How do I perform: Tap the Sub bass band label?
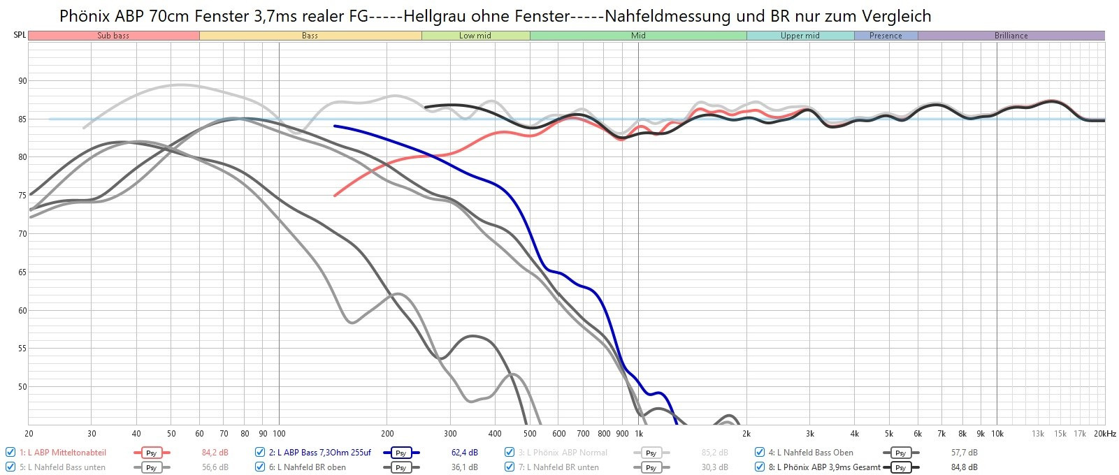click(113, 36)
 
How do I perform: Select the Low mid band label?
click(475, 36)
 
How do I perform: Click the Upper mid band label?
click(800, 36)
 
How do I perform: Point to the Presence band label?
click(886, 36)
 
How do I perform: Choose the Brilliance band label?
click(1011, 36)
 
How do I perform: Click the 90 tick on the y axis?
click(22, 81)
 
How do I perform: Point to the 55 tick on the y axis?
click(22, 349)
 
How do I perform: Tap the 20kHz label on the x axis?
click(1105, 434)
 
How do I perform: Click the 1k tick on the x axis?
click(638, 434)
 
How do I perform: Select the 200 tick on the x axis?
click(387, 434)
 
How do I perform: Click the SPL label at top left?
click(20, 35)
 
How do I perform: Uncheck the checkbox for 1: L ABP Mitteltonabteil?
click(10, 453)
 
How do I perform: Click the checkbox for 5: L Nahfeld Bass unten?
click(10, 467)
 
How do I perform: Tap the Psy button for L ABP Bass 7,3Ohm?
click(400, 453)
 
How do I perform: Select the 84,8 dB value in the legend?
click(964, 467)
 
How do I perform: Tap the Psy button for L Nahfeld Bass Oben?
click(900, 453)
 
